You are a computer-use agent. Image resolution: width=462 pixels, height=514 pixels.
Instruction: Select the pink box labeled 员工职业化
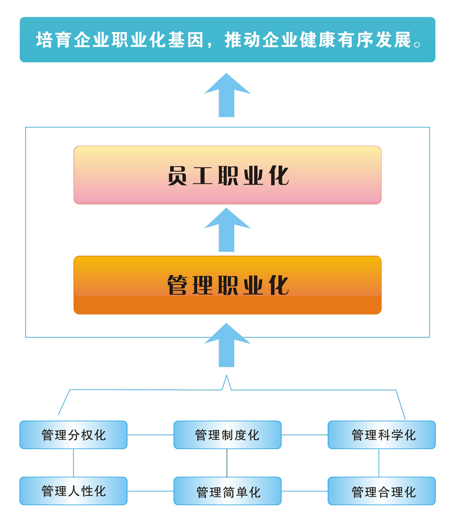(227, 175)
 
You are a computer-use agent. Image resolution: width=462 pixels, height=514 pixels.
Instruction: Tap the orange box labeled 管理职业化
(227, 285)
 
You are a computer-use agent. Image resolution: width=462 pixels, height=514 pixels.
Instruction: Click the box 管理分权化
(73, 435)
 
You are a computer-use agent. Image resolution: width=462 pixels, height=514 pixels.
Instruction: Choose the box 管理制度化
(227, 435)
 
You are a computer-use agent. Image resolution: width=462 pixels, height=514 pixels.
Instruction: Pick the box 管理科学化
(382, 435)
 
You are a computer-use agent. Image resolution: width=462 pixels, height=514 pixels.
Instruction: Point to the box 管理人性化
(73, 491)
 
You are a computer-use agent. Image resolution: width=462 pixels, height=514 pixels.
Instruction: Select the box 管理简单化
(227, 491)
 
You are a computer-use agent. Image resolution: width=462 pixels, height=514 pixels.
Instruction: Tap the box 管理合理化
(382, 491)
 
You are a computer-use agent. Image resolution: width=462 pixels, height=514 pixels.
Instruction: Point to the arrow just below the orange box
(227, 346)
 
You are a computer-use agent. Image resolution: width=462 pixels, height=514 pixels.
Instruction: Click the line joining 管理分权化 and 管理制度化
(150, 435)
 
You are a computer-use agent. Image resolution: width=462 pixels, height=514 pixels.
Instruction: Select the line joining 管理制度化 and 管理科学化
(304, 435)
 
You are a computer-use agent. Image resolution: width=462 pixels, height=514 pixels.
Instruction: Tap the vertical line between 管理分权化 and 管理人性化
(73, 463)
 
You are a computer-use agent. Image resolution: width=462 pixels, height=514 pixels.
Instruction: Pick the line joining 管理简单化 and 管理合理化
(304, 491)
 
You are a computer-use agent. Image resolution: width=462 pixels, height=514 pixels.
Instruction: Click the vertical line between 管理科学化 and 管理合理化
(379, 463)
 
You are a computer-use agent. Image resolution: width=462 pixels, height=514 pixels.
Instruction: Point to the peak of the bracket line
(227, 377)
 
